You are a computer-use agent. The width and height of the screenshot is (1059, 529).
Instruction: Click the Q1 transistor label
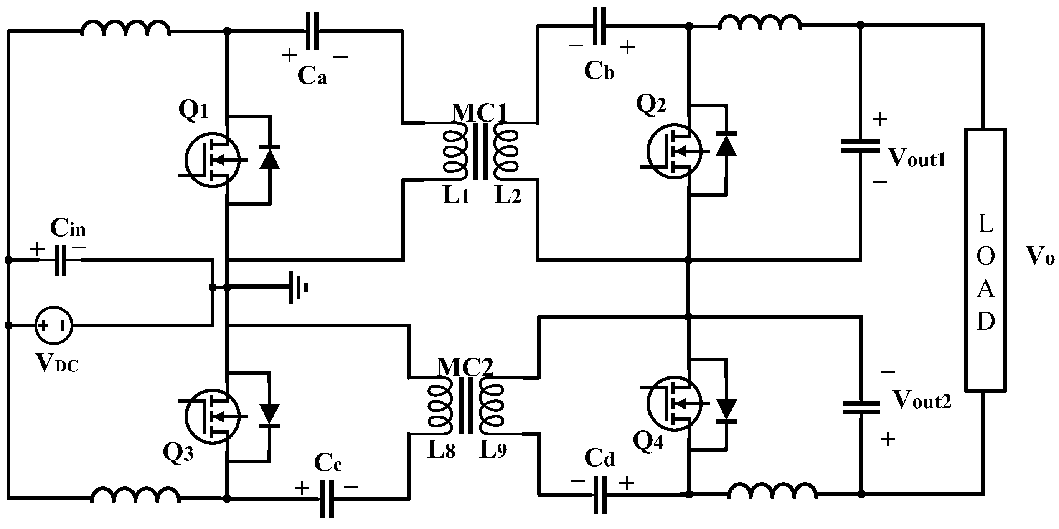[194, 110]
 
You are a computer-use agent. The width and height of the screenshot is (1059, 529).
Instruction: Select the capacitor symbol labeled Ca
[312, 31]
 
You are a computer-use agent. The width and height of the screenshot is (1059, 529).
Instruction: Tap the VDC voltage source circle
[53, 325]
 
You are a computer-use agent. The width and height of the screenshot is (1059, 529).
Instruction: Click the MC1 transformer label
[479, 113]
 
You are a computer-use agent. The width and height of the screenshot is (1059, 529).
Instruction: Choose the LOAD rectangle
[985, 260]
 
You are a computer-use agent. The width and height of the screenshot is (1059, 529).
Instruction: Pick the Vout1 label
[917, 158]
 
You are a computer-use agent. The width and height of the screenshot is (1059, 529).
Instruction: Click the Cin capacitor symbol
[60, 260]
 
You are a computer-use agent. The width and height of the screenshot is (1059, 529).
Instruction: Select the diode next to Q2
[726, 144]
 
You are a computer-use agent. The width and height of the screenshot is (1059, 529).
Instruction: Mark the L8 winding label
[442, 450]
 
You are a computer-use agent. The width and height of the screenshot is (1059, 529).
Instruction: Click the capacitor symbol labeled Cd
[600, 495]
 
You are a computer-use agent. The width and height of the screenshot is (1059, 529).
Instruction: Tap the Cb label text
[599, 71]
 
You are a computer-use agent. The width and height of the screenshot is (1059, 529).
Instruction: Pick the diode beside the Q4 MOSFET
[726, 411]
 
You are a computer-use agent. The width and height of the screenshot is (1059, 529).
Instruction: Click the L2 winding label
[507, 195]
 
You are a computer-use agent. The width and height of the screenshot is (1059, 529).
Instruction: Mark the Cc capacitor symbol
[327, 499]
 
